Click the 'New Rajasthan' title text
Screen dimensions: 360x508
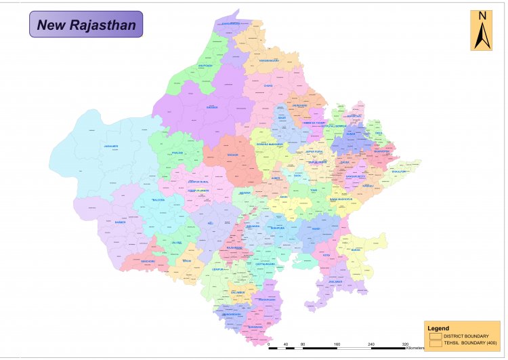(86, 26)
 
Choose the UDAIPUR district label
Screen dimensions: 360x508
(217, 269)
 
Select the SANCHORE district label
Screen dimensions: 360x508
(148, 261)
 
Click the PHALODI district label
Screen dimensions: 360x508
(177, 153)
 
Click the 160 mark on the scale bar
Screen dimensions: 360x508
(337, 344)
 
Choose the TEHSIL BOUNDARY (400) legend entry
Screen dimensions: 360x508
(470, 343)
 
